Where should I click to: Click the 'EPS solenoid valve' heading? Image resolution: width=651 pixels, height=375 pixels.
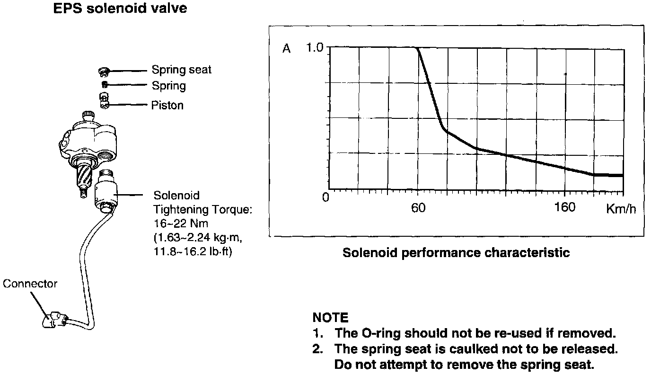[120, 8]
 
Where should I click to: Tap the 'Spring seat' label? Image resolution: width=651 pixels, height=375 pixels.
[181, 70]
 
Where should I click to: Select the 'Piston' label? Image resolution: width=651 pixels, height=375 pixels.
[167, 105]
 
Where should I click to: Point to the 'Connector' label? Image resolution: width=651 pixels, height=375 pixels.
[30, 284]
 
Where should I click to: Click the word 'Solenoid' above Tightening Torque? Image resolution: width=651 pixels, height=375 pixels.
[176, 195]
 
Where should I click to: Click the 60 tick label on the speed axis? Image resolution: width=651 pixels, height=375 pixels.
[418, 208]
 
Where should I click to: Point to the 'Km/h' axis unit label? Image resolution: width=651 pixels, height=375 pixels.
[621, 209]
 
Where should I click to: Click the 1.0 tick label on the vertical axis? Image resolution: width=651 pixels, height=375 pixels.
[314, 48]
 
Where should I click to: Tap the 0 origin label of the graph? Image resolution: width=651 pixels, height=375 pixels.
[325, 197]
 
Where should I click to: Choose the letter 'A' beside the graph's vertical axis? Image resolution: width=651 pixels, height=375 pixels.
[286, 49]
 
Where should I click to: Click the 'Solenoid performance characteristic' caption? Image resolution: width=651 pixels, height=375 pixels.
[456, 252]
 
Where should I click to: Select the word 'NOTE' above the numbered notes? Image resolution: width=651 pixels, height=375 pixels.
[330, 317]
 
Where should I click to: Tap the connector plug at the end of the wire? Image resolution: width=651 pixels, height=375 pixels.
[54, 320]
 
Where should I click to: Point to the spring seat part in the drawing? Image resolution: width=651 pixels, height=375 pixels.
[104, 71]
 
